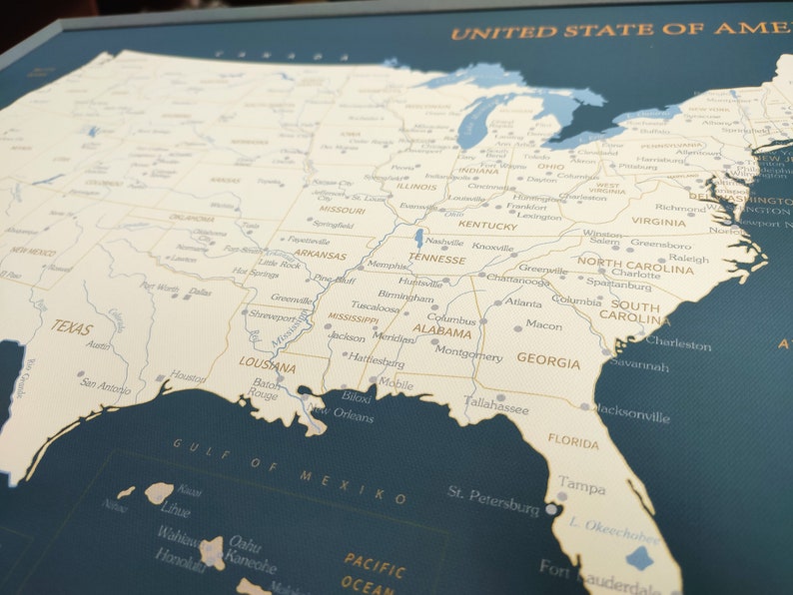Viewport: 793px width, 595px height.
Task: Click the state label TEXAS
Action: [72, 327]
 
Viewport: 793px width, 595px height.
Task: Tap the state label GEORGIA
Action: [547, 361]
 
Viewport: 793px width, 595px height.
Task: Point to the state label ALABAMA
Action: [442, 332]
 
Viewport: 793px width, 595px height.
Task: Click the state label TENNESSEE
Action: [436, 260]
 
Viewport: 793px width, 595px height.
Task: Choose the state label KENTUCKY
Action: [487, 226]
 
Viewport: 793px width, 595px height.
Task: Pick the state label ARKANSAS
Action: [320, 256]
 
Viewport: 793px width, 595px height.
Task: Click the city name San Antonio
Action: [106, 384]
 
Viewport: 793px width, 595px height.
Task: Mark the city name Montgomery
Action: [468, 355]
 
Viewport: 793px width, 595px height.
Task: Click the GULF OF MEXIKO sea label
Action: [290, 469]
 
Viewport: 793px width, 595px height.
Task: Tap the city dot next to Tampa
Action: [551, 509]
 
